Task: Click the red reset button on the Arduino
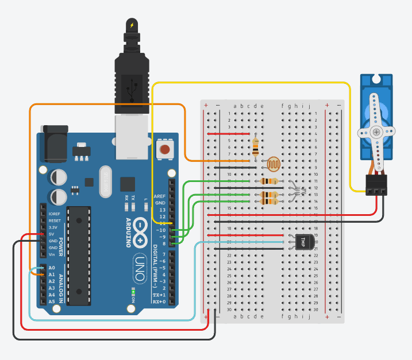165,150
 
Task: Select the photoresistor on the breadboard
272,165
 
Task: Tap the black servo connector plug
377,184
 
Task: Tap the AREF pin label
160,196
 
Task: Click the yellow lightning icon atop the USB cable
132,25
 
